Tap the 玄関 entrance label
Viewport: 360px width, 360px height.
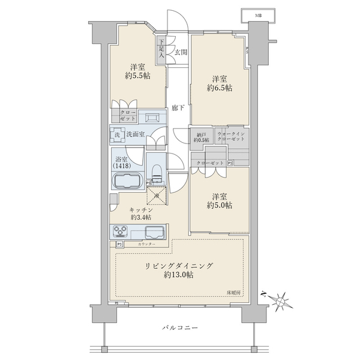tap(181, 52)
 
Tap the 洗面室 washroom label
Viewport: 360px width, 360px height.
tap(133, 135)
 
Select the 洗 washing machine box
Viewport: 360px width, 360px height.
tap(116, 135)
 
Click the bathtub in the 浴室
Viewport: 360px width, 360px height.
tap(126, 181)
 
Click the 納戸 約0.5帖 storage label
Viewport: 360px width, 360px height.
tap(200, 137)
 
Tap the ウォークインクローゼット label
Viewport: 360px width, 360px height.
tap(230, 137)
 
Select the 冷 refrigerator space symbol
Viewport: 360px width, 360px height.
tap(157, 194)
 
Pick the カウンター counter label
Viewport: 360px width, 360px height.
tap(146, 244)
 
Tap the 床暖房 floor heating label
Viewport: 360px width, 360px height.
tap(233, 292)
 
